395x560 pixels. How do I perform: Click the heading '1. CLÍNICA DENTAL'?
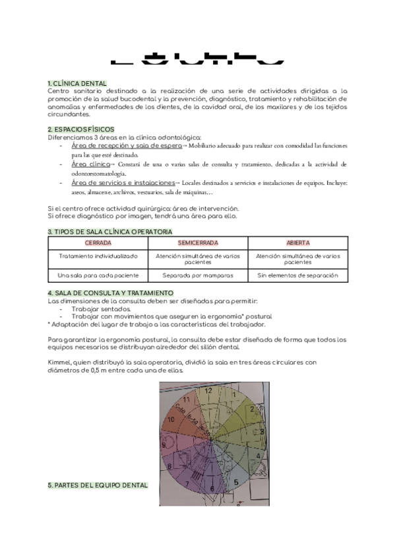[x=76, y=83]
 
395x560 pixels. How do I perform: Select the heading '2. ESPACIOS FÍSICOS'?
[x=81, y=129]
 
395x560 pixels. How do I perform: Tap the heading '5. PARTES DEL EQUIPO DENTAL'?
[x=98, y=485]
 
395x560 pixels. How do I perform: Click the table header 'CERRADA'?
[x=98, y=243]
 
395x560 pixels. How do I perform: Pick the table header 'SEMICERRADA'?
[x=198, y=243]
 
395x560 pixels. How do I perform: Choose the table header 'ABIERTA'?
[x=297, y=243]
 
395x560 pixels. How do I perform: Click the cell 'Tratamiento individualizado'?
[x=98, y=256]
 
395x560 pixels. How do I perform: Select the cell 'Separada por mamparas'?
[x=198, y=274]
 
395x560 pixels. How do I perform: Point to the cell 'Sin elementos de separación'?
[x=297, y=274]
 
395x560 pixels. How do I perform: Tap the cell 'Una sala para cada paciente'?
[x=98, y=274]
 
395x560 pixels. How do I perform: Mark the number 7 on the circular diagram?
[x=187, y=484]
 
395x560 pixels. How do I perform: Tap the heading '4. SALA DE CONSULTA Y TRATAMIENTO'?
[x=110, y=293]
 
